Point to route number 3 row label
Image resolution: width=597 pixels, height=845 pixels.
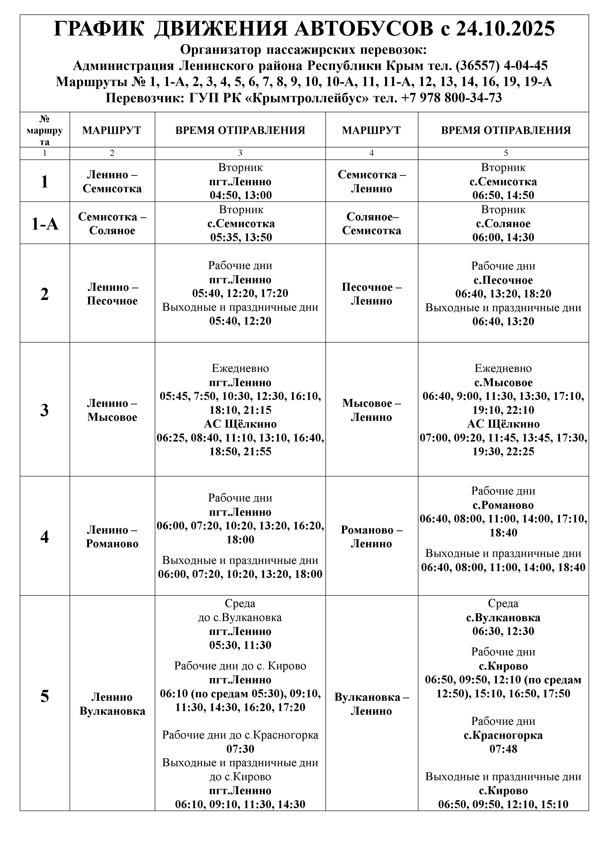[45, 410]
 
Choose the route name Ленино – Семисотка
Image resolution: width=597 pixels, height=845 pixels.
[112, 181]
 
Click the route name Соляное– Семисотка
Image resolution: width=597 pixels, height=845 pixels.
[371, 223]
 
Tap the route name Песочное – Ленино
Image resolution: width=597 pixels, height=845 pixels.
[371, 294]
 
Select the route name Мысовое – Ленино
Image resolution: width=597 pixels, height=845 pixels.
[371, 410]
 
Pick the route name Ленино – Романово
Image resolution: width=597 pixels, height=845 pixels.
[112, 537]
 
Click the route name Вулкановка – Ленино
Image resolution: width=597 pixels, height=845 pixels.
[371, 704]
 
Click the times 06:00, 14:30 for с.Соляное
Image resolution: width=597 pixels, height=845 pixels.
[503, 237]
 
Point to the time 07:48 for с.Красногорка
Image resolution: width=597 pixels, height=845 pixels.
[503, 749]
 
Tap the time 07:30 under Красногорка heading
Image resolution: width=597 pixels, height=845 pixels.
[240, 749]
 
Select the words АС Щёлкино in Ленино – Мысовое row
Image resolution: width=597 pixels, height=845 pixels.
[240, 424]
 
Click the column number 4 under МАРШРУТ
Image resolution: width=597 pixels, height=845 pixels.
[371, 153]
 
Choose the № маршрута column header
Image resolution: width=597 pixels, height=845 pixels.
[45, 130]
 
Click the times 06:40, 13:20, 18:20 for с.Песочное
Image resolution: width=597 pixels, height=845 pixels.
[503, 294]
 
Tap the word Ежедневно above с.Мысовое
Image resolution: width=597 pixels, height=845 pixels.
[503, 368]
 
